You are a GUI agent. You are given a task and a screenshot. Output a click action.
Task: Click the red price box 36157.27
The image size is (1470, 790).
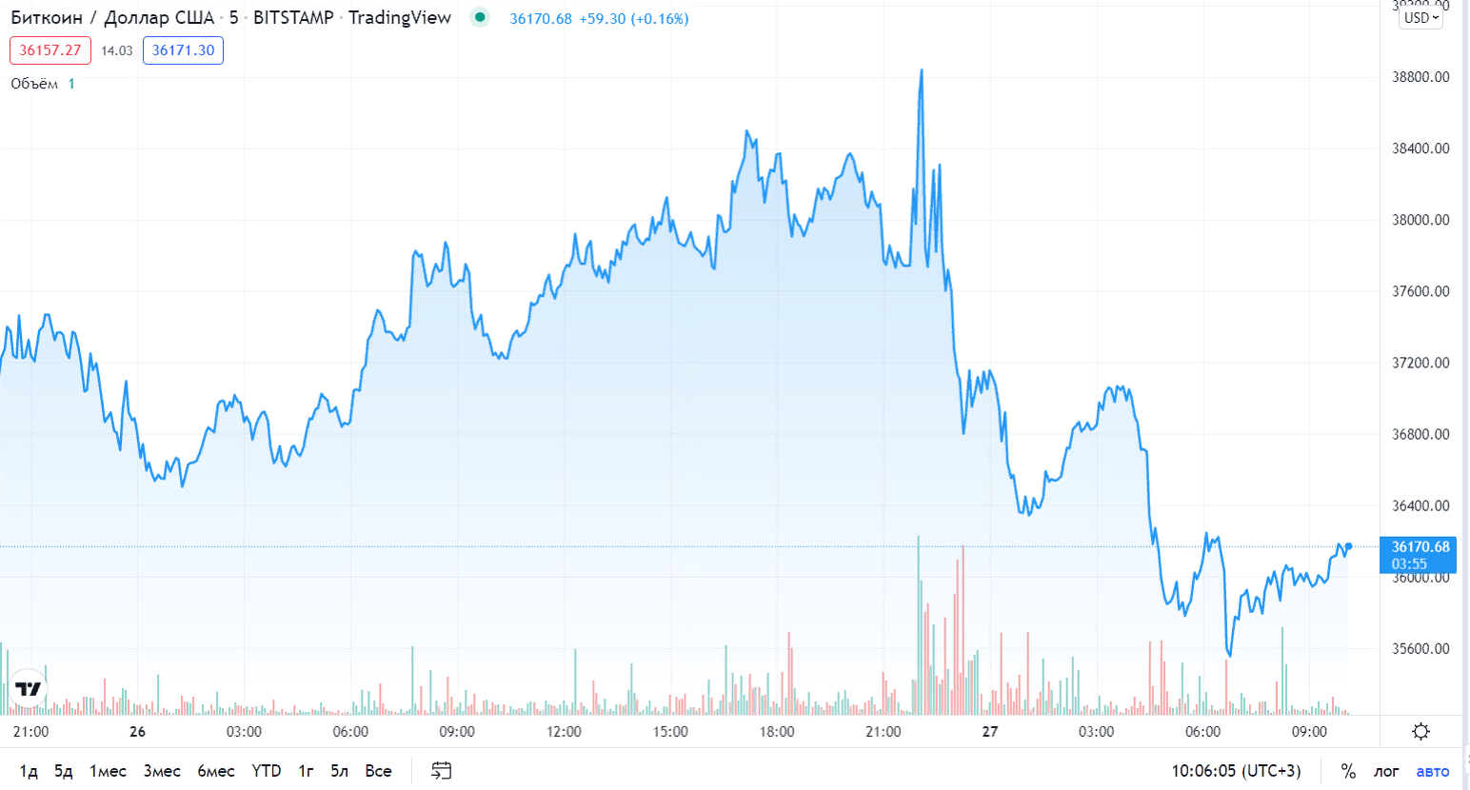(50, 50)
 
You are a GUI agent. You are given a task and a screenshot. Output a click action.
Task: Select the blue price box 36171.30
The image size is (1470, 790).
(183, 50)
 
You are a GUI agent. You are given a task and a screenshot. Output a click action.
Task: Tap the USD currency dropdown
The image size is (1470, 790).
(1420, 18)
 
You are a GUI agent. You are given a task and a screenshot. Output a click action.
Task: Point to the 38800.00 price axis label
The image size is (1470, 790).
(1420, 77)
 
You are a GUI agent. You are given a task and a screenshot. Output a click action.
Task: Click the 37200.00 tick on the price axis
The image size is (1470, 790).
(1420, 363)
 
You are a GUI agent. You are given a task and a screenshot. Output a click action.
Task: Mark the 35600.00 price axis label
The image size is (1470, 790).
(1420, 649)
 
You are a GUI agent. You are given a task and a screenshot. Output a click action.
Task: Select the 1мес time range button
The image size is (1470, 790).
(108, 771)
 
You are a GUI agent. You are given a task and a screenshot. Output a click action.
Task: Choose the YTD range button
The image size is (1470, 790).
(267, 771)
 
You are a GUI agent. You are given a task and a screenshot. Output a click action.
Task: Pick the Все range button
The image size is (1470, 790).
(378, 771)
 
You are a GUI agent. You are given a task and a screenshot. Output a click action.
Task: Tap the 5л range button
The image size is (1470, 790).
(339, 771)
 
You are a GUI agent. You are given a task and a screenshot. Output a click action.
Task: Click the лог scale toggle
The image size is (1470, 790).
(1386, 771)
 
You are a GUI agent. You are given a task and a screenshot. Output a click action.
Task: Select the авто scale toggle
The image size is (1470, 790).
(1432, 771)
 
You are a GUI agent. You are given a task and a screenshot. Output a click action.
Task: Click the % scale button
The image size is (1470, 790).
(1348, 771)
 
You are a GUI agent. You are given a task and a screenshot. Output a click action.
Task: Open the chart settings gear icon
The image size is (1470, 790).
(1420, 731)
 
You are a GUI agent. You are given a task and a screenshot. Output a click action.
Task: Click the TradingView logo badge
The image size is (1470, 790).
(29, 688)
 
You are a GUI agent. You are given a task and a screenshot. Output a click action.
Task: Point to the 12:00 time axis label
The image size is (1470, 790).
(564, 731)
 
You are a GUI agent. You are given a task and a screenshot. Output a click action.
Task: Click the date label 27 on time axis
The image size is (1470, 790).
(990, 731)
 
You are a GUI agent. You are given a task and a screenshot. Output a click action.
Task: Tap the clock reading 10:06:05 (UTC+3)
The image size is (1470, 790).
(1236, 771)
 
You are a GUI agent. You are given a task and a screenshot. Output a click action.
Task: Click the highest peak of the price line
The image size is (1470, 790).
(922, 69)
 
